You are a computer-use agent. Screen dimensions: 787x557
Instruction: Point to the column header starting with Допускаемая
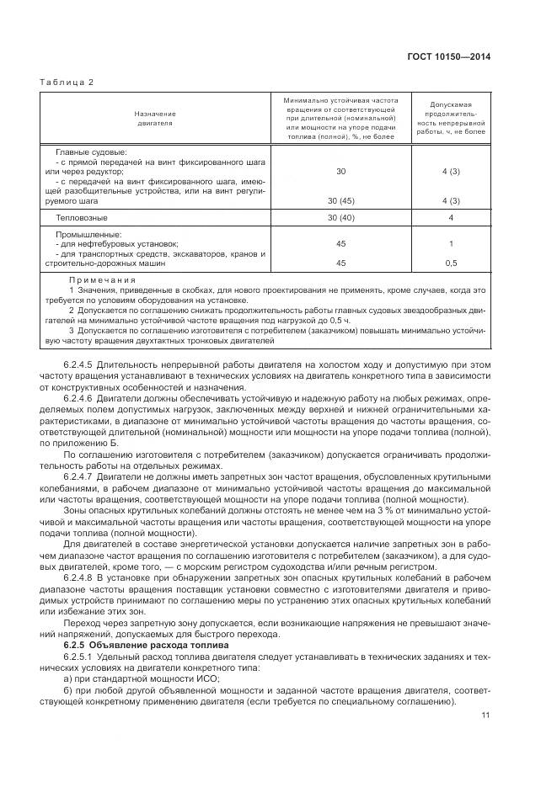click(451, 118)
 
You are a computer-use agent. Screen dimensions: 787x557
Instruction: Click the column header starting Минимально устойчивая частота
click(340, 118)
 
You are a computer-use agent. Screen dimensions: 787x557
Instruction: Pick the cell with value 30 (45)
click(340, 201)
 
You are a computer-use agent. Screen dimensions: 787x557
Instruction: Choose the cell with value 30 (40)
click(340, 218)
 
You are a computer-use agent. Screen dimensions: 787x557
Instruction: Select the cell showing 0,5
click(451, 263)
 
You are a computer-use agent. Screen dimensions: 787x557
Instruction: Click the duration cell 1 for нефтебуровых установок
click(451, 244)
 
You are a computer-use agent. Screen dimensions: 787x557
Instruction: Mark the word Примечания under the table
click(102, 280)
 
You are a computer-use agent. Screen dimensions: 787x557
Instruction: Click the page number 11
click(485, 715)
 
